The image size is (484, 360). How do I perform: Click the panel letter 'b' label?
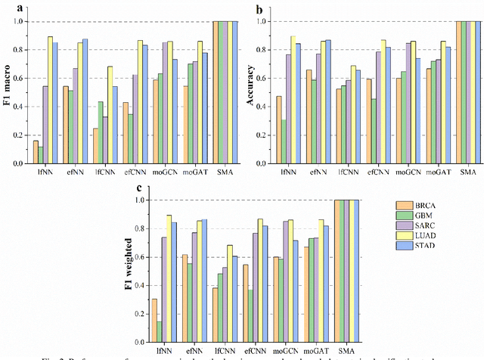point(259,11)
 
